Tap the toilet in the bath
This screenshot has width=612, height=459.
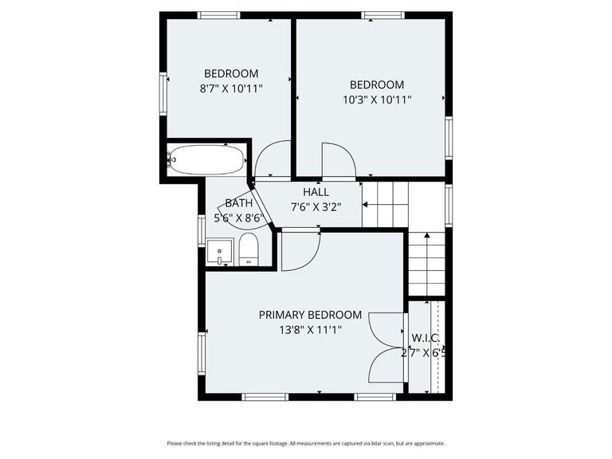point(249,250)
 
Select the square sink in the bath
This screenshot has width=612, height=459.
point(219,253)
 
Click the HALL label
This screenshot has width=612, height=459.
point(316,192)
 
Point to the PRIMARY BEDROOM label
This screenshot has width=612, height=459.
point(310,315)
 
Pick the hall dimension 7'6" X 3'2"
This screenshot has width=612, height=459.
point(316,207)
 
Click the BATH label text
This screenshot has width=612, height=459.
point(238,203)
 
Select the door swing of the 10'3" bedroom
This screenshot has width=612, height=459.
point(338,160)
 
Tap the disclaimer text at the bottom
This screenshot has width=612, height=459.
point(306,443)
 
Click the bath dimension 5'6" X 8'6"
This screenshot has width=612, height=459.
point(238,218)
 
